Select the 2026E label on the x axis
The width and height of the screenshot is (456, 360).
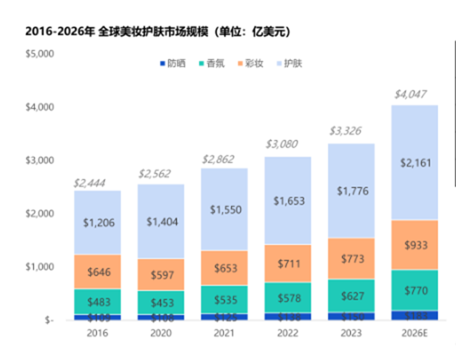tap(415, 334)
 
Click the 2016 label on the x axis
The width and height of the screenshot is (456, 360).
tap(97, 334)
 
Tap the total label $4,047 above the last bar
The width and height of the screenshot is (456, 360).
tap(410, 94)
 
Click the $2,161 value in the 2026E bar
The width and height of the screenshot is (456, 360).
tap(415, 162)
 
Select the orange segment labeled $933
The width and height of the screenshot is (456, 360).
tap(415, 246)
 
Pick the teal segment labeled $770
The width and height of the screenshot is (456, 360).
tap(415, 289)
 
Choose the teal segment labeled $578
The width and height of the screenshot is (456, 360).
tap(287, 297)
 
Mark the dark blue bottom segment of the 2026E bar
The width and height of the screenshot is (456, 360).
tap(415, 315)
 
